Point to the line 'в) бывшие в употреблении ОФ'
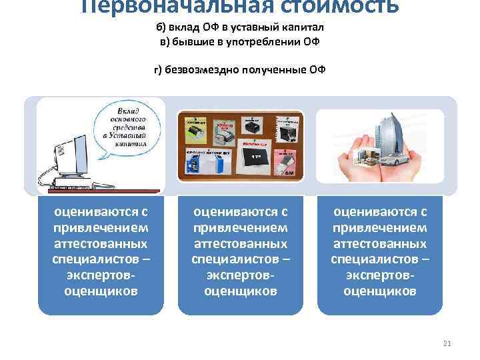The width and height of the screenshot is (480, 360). [x=239, y=42]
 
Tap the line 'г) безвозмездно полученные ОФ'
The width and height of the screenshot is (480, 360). [x=239, y=70]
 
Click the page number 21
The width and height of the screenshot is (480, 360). [x=447, y=343]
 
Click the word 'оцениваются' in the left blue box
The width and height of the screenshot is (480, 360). [x=101, y=212]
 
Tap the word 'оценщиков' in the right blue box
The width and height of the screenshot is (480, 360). [x=379, y=291]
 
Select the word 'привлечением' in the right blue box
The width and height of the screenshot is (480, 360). [x=379, y=227]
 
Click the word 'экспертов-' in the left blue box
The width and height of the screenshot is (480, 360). [x=101, y=275]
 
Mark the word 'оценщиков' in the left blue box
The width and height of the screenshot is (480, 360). [x=101, y=291]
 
